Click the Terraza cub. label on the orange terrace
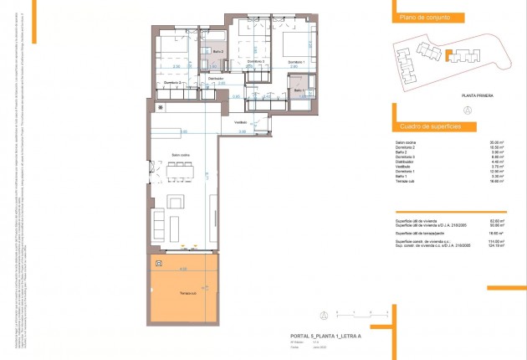point(187,293)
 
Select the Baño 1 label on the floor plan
point(299,90)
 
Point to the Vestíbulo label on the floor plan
point(241,121)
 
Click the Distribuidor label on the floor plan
point(216,78)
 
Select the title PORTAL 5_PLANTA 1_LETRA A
point(317,335)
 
